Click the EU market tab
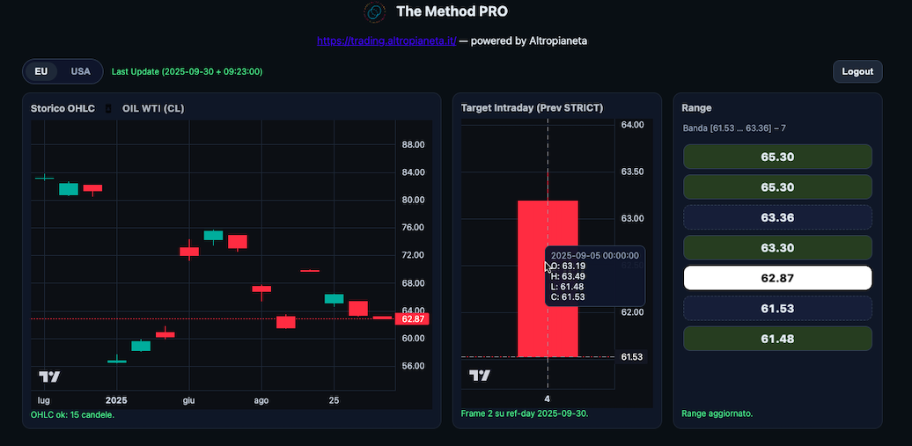(41, 71)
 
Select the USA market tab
(81, 71)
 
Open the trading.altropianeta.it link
(386, 40)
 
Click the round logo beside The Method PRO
(375, 11)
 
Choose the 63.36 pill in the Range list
(777, 217)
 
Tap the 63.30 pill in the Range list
(777, 247)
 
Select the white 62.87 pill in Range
(777, 278)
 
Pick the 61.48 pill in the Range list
(777, 339)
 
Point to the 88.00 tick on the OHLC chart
(413, 144)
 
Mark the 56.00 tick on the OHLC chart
(413, 366)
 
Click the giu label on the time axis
(188, 400)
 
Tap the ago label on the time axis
(261, 400)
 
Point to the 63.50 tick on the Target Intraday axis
(633, 172)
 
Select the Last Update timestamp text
(187, 71)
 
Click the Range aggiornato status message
(717, 413)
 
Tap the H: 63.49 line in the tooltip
(569, 276)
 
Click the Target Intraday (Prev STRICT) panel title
(532, 107)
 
